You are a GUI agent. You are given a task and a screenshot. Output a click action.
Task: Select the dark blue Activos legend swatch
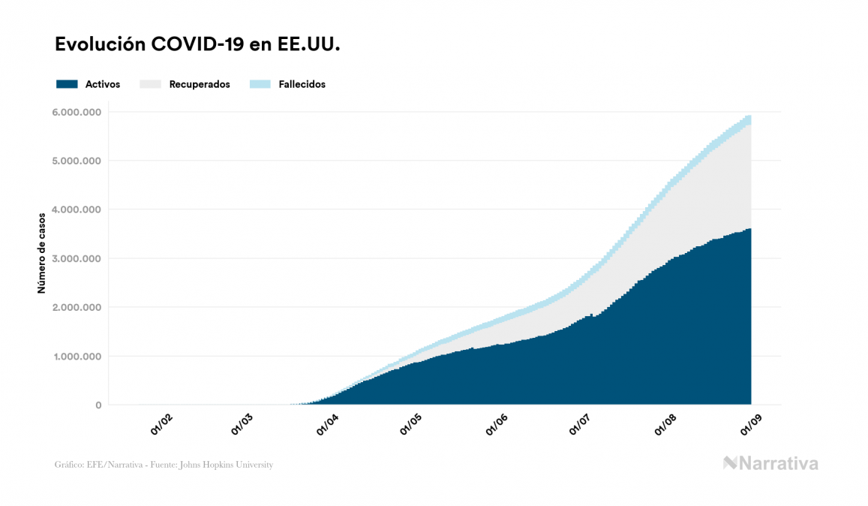[x=67, y=84]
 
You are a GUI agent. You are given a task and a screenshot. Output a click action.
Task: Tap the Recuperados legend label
[x=200, y=84]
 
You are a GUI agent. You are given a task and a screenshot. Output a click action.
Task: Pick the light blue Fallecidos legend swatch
[x=260, y=84]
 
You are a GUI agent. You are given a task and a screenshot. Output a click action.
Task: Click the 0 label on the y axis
[x=98, y=405]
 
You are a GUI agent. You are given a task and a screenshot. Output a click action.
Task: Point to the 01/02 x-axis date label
[x=162, y=424]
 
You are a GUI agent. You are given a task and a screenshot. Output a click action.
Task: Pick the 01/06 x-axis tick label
[x=498, y=424]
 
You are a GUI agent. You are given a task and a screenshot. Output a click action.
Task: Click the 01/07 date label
[x=580, y=424]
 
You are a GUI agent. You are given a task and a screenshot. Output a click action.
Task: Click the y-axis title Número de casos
[x=42, y=252]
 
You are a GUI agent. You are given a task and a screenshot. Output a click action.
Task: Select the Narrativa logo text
[x=778, y=463]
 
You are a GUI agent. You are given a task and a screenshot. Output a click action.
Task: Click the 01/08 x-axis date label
[x=665, y=424]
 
